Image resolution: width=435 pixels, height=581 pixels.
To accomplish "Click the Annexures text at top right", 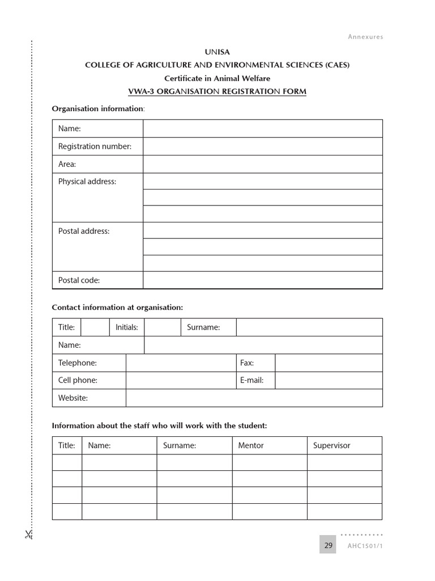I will (x=365, y=37).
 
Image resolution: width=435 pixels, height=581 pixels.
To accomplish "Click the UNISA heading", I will (x=217, y=52).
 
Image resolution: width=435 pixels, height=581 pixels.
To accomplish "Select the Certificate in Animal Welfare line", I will (x=217, y=78).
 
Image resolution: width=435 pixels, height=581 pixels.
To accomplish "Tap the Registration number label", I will (x=95, y=146).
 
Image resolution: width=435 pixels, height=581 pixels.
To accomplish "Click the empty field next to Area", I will (x=262, y=164).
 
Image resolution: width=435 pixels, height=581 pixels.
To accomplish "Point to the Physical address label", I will (x=87, y=182).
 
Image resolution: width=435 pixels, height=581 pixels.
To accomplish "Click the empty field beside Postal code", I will (x=262, y=280).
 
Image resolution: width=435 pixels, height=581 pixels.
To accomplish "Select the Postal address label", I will (x=84, y=231).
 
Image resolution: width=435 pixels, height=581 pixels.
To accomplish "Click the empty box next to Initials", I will (x=163, y=327).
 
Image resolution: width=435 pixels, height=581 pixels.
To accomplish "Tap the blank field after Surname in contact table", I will (x=309, y=327).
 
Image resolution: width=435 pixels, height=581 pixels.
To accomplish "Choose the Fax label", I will (x=247, y=363).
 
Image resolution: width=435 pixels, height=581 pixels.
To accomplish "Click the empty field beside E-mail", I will (x=329, y=380).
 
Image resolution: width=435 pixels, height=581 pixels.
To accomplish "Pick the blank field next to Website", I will (x=254, y=398).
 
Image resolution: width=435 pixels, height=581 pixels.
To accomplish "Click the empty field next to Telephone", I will (x=181, y=363).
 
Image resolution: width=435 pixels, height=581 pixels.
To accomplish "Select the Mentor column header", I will (x=251, y=445).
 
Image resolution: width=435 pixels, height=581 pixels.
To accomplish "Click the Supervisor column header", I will (x=332, y=445).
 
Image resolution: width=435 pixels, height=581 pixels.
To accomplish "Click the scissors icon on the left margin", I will (x=28, y=534).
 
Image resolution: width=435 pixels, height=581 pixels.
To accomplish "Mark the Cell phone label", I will (x=78, y=380).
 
